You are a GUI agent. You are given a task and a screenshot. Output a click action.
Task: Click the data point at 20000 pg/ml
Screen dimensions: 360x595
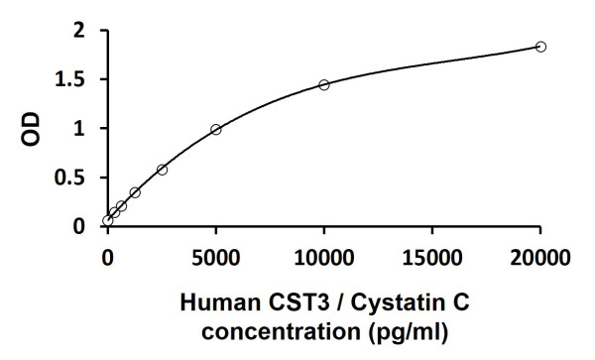pos(540,47)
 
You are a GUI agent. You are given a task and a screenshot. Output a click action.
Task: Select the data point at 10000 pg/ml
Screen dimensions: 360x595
pos(324,84)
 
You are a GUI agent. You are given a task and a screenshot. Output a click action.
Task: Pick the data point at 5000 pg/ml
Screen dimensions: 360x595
pos(216,129)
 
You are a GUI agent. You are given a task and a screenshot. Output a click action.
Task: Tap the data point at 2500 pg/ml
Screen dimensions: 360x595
pos(162,170)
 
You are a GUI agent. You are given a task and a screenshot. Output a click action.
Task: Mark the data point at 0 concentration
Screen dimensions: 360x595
pos(108,220)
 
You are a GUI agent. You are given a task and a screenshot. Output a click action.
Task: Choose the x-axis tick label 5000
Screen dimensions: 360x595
pos(216,260)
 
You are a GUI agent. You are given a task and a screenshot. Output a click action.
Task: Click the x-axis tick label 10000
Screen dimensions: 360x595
pos(324,260)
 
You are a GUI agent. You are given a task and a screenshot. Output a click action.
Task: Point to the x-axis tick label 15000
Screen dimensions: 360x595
pos(432,260)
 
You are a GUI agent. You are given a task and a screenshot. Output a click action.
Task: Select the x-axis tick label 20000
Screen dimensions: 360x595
pos(540,260)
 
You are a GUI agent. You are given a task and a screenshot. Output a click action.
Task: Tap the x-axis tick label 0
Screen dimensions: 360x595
pos(108,260)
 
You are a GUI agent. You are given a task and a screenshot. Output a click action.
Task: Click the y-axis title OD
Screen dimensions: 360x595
pos(33,129)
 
